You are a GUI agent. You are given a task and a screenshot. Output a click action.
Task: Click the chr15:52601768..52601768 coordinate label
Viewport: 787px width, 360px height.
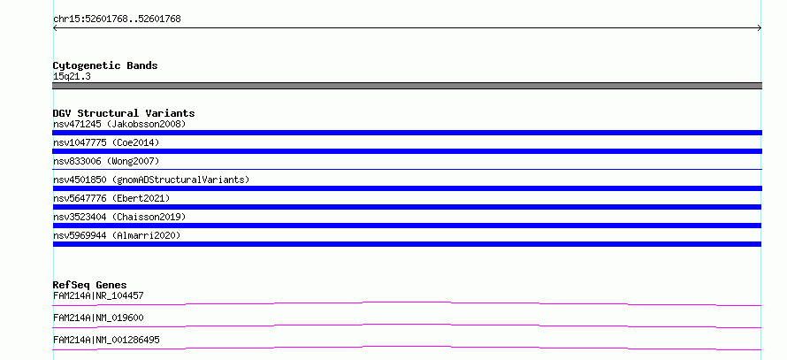coord(117,19)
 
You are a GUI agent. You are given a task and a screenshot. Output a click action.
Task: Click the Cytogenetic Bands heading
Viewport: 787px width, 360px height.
coord(105,65)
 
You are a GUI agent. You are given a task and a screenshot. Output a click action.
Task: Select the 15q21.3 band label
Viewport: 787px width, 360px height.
coord(72,77)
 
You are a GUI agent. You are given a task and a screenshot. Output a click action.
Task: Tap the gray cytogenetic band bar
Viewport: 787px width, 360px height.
coord(407,86)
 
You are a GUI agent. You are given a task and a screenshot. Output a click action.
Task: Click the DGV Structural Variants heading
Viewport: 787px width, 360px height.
coord(124,113)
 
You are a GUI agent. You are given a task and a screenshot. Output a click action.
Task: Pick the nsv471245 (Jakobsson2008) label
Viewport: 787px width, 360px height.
coord(119,124)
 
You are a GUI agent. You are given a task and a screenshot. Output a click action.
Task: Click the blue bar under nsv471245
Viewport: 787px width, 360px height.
coord(407,133)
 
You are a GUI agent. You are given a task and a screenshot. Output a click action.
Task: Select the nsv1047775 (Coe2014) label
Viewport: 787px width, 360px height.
coord(106,142)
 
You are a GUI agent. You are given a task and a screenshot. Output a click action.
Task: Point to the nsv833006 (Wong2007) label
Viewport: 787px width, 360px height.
coord(106,161)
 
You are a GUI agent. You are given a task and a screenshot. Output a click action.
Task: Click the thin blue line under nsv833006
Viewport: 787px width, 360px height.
coord(407,169)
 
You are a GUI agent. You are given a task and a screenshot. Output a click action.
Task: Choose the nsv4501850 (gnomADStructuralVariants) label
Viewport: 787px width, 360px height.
coord(151,180)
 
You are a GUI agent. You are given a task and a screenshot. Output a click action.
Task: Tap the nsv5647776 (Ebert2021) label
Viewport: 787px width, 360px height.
coord(111,198)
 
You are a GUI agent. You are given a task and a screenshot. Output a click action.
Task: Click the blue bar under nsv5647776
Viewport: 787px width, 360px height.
coord(407,207)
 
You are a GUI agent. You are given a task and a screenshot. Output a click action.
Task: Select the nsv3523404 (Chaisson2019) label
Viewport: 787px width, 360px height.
coord(119,217)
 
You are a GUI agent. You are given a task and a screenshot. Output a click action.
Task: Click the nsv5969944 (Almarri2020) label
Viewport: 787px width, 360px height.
coord(117,235)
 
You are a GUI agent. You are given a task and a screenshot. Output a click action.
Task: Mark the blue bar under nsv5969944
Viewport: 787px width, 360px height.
coord(407,244)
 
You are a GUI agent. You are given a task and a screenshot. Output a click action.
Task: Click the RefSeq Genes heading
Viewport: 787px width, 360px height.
coord(89,285)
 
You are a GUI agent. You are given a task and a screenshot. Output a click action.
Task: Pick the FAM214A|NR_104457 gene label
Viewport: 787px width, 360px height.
coord(98,295)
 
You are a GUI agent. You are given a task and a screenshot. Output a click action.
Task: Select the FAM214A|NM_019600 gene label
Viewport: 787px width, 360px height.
coord(98,318)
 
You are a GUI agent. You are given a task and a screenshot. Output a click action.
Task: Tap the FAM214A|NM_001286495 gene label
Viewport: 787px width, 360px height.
coord(106,340)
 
